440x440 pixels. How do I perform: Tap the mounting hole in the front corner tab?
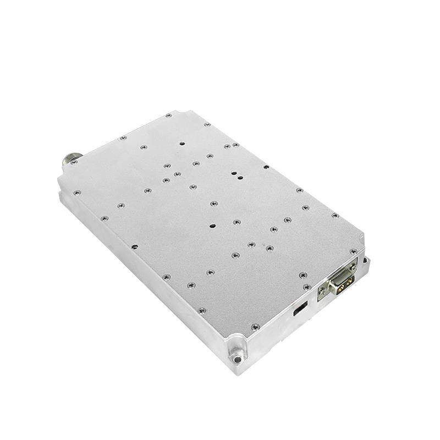coord(237,359)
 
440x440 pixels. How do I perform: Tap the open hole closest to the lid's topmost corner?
coord(182,144)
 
